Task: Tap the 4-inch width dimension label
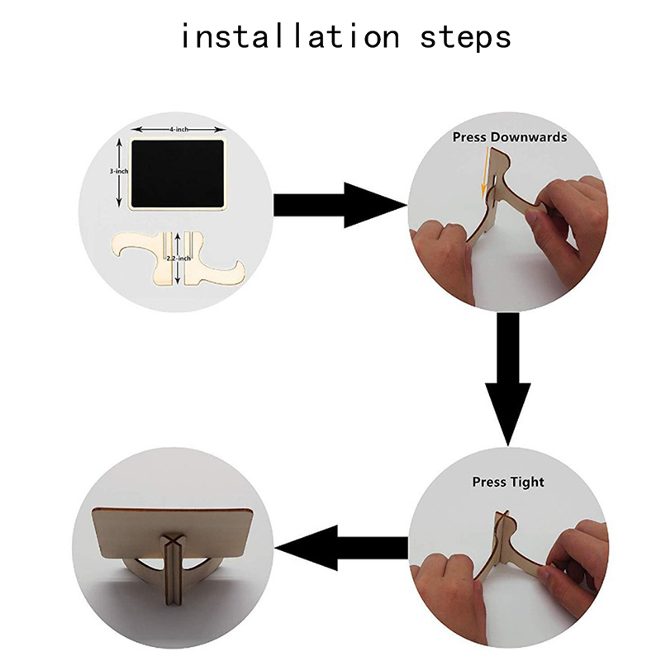(x=179, y=130)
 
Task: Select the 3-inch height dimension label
(x=119, y=171)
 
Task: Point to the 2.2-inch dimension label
(x=178, y=258)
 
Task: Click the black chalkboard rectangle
(x=178, y=174)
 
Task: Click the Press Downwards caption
(x=510, y=137)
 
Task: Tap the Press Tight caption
(x=508, y=482)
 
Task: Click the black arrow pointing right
(x=340, y=205)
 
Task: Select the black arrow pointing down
(x=508, y=379)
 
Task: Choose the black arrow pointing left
(x=341, y=548)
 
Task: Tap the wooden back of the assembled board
(x=173, y=532)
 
